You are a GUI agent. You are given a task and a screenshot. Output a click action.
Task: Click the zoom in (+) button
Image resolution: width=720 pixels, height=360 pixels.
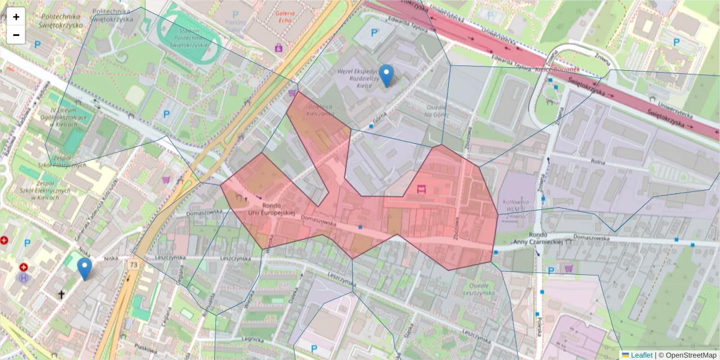coord(16,17)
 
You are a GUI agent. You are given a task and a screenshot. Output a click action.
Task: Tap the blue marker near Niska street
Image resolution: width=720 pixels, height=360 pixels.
coord(85,268)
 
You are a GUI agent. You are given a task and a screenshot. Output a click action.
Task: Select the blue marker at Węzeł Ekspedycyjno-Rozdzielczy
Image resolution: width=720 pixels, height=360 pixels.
coord(387,75)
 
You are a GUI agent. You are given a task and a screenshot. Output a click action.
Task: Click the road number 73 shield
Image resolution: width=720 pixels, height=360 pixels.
coord(133,264)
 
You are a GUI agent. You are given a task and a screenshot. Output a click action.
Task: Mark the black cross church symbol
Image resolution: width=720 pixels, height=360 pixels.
coord(61,294)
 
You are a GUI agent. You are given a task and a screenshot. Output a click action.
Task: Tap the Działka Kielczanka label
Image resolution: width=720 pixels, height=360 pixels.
coord(320,109)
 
